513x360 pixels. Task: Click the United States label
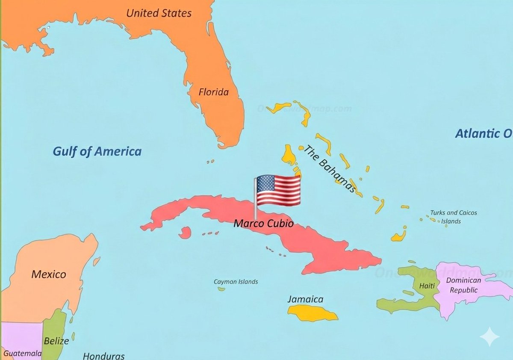(x=159, y=13)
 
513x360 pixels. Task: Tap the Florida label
(x=213, y=92)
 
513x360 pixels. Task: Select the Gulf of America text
(x=97, y=151)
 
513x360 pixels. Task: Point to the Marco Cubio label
(x=263, y=223)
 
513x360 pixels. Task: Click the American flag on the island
(x=278, y=191)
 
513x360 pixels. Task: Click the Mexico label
(x=49, y=274)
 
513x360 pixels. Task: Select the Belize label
(x=56, y=341)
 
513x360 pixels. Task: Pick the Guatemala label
(x=23, y=353)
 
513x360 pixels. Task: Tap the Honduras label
(x=103, y=356)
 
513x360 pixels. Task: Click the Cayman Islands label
(x=236, y=282)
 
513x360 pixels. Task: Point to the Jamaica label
(x=305, y=299)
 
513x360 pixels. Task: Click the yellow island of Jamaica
(x=312, y=314)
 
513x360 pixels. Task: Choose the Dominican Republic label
(x=463, y=285)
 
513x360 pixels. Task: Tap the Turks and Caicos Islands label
(x=453, y=217)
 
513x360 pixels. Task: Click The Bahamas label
(x=330, y=169)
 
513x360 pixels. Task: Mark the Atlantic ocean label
(x=483, y=133)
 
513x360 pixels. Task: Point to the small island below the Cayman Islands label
(x=221, y=289)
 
